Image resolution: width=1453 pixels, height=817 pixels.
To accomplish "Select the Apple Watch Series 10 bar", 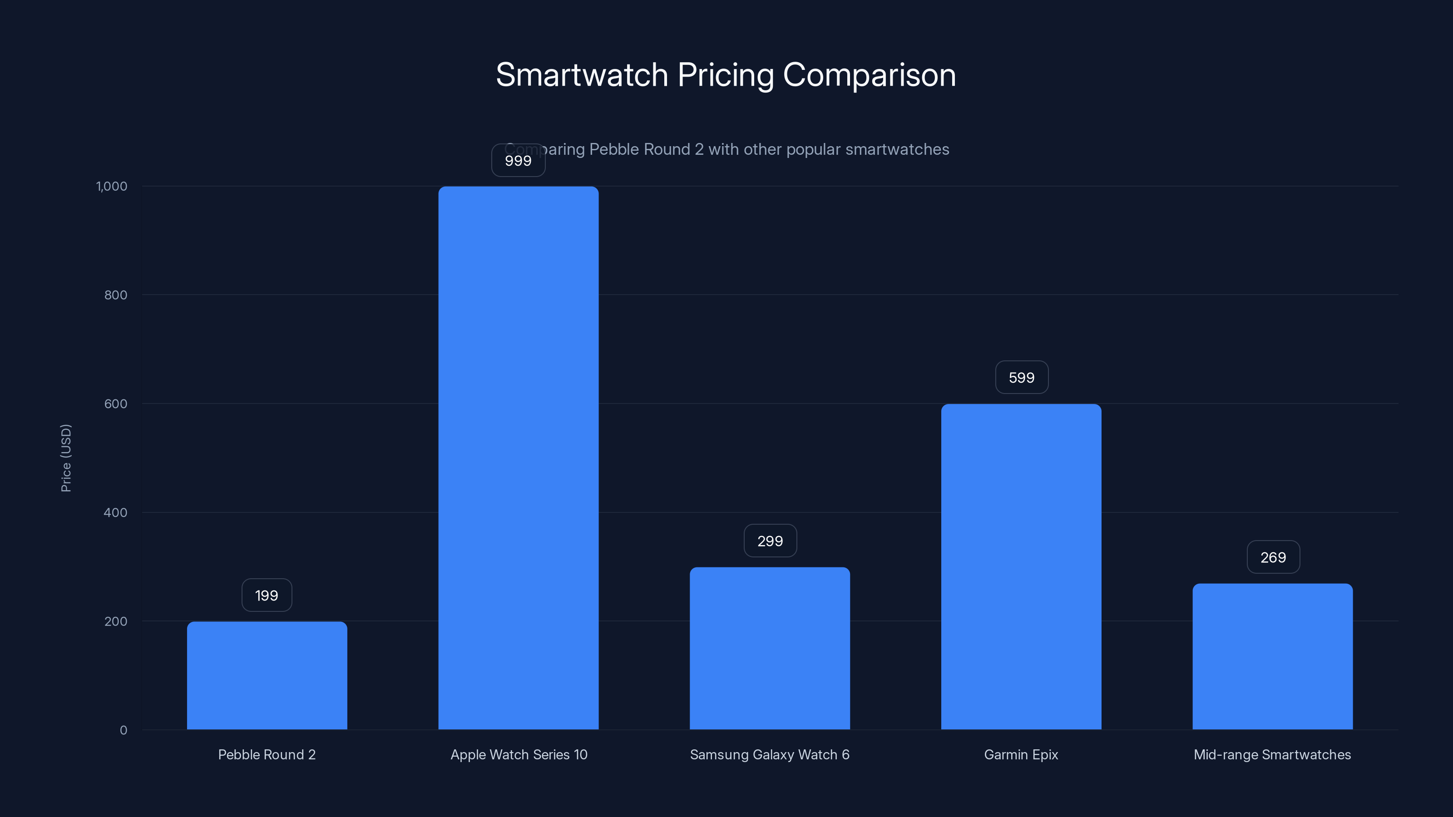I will [x=519, y=457].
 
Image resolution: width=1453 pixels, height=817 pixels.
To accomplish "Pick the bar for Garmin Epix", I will [x=1021, y=566].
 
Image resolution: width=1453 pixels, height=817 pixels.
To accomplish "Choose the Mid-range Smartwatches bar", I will [x=1272, y=656].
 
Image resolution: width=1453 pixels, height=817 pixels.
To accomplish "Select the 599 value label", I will [x=1022, y=378].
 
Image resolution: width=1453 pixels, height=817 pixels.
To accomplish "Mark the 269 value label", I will [x=1273, y=558].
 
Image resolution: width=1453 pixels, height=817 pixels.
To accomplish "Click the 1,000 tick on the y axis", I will [x=112, y=186].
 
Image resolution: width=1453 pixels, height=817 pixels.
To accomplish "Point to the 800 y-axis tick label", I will [x=116, y=295].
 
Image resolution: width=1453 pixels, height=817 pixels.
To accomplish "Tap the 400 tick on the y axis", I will [x=116, y=512].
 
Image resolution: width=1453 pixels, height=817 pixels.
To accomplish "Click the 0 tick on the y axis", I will [x=124, y=730].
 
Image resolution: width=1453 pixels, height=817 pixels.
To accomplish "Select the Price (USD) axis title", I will [x=66, y=458].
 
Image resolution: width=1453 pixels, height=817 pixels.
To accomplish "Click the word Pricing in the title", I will [x=726, y=75].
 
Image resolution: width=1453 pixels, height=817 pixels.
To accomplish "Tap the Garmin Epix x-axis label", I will [x=1021, y=754].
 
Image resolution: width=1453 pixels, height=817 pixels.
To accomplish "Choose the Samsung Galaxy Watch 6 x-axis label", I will [x=769, y=754].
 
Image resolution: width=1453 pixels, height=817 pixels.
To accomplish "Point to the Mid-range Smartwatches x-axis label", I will [x=1272, y=754].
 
